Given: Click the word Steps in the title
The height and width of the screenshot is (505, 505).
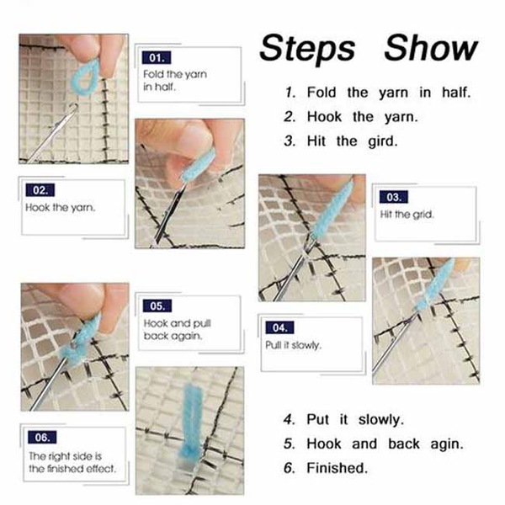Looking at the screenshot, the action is click(307, 49).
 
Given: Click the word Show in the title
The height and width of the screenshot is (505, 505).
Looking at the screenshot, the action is click(431, 47).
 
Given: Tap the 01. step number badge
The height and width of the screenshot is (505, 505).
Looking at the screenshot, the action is click(157, 57).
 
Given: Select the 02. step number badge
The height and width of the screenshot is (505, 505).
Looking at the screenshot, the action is click(40, 190).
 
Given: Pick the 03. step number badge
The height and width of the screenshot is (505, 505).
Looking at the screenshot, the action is click(393, 197).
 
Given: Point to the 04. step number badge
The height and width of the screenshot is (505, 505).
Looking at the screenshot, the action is click(279, 327).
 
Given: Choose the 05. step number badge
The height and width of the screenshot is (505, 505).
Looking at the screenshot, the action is click(157, 306).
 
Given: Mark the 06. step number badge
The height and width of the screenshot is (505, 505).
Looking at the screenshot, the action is click(42, 437).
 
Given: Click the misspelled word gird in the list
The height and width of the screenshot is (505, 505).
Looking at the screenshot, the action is click(383, 141).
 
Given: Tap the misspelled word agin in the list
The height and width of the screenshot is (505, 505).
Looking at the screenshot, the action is click(447, 444).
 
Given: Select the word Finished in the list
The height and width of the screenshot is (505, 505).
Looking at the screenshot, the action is click(337, 468).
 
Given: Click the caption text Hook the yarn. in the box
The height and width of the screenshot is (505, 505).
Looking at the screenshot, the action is click(61, 207).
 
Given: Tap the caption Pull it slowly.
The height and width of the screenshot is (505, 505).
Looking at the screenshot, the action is click(294, 345).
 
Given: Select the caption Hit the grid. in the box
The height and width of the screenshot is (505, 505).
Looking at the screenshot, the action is click(407, 214).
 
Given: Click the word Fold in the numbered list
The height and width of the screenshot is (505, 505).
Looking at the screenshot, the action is click(322, 92).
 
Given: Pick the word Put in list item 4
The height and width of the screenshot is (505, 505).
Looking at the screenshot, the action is click(318, 419).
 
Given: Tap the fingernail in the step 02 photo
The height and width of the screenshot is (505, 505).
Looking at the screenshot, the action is click(194, 141).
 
